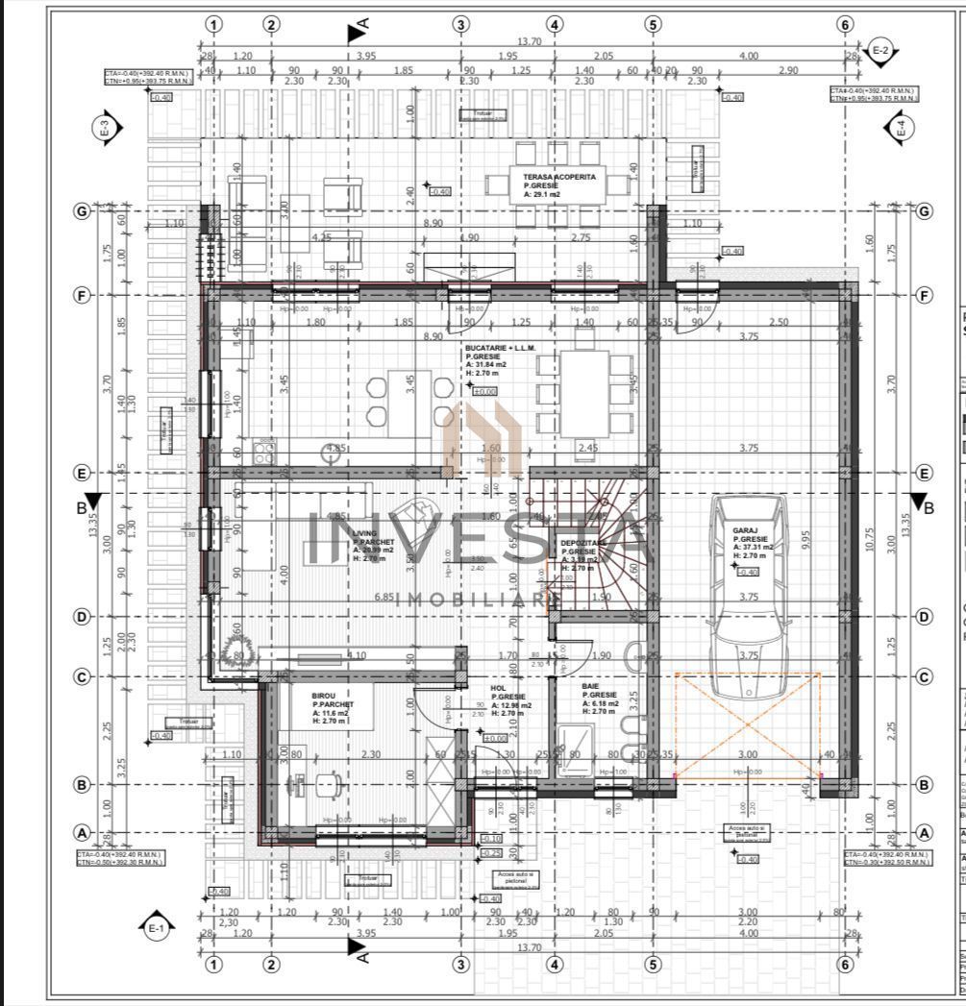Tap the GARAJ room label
(746, 529)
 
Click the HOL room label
(498, 688)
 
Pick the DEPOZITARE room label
(583, 543)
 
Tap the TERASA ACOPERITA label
(559, 178)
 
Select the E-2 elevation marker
(880, 50)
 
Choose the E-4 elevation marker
(901, 129)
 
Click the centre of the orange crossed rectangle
(748, 724)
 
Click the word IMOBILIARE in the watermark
(481, 601)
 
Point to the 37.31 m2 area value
(755, 548)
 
